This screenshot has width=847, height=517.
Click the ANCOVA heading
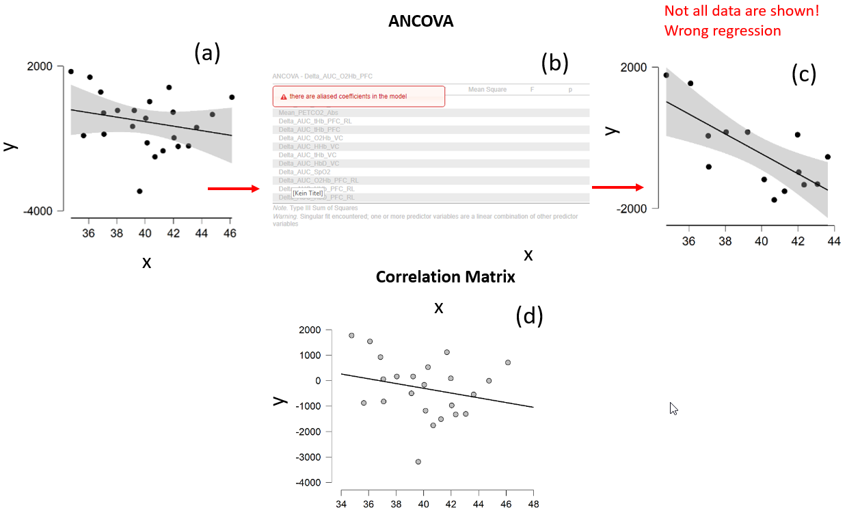pos(420,21)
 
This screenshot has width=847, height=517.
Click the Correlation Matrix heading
pos(445,277)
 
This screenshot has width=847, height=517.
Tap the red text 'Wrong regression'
pos(722,31)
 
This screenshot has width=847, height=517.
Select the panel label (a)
pos(206,52)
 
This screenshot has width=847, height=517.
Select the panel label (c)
pos(804,75)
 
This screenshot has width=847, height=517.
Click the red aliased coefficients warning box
pos(359,96)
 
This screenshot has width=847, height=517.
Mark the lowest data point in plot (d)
pos(418,462)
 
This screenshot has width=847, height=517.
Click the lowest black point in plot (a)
pos(139,191)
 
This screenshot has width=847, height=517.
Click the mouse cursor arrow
pos(673,408)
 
